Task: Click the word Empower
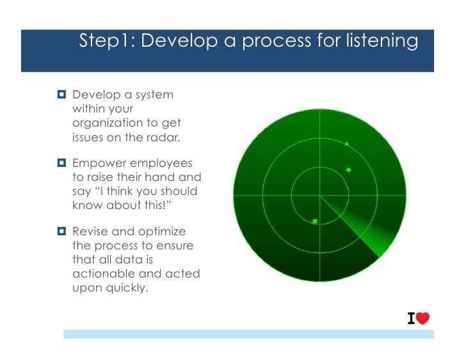98,164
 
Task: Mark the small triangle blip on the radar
347,144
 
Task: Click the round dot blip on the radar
348,170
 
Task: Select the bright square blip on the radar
315,221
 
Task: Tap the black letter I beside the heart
412,318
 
